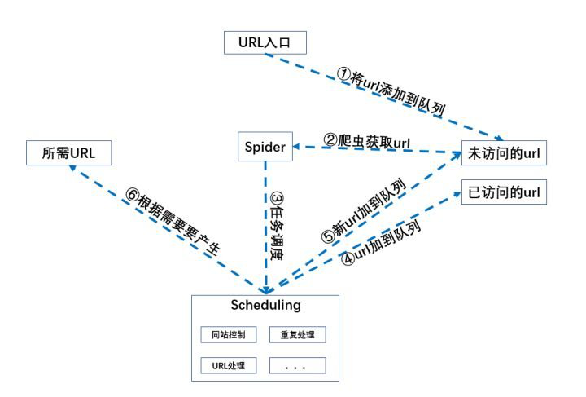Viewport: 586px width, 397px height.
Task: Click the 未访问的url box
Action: click(504, 152)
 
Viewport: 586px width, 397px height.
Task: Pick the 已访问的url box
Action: click(504, 193)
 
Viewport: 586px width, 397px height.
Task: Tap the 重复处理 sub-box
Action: click(298, 334)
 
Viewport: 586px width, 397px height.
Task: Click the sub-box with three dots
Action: click(298, 365)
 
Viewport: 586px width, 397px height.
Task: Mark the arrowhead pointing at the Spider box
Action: click(297, 147)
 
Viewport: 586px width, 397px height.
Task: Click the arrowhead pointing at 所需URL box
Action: click(74, 167)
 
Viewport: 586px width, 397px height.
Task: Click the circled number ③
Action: click(277, 201)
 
